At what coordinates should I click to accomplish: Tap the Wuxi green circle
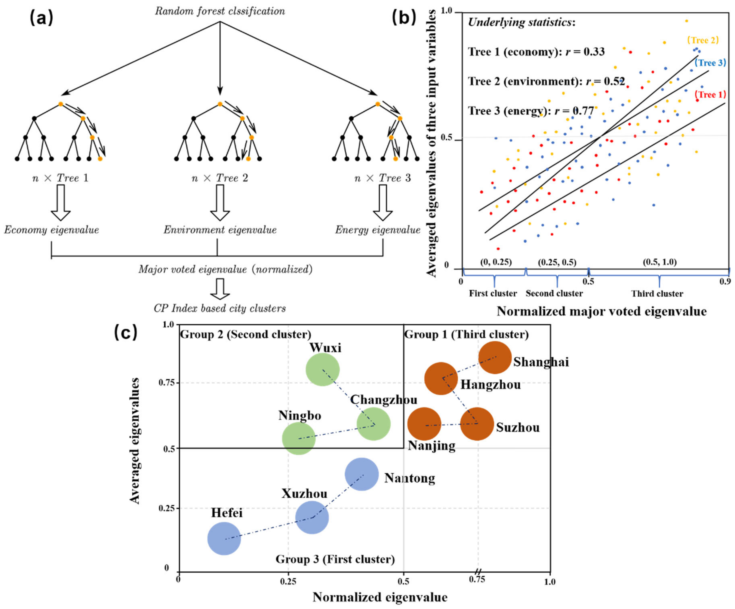pyautogui.click(x=322, y=370)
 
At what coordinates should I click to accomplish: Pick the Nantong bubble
pyautogui.click(x=362, y=475)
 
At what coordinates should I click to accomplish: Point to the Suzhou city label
pyautogui.click(x=518, y=427)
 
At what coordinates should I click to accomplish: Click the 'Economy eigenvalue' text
pyautogui.click(x=52, y=230)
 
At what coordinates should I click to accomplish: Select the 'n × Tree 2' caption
pyautogui.click(x=220, y=178)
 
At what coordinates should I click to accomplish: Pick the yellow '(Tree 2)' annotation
pyautogui.click(x=702, y=40)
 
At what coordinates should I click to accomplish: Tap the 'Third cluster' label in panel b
pyautogui.click(x=657, y=294)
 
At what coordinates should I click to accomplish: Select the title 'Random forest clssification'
pyautogui.click(x=220, y=11)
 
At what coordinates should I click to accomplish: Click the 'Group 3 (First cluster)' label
pyautogui.click(x=335, y=559)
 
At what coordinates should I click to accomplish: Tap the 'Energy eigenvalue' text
pyautogui.click(x=378, y=230)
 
